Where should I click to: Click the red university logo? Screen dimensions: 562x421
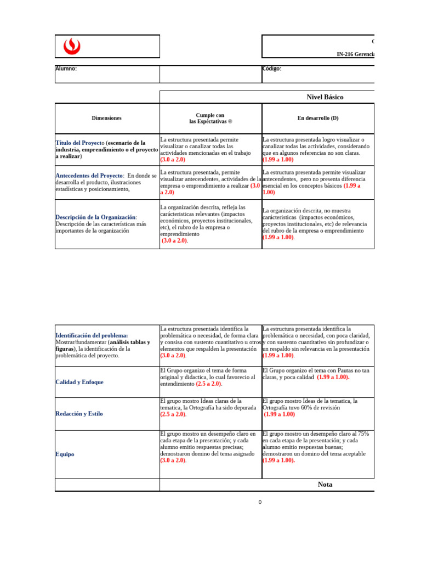click(72, 47)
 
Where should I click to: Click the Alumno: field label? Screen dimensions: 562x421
click(66, 69)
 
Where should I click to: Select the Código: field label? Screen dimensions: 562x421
click(272, 69)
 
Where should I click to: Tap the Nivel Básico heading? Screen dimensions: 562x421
click(325, 97)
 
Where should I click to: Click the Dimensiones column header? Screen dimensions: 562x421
click(107, 118)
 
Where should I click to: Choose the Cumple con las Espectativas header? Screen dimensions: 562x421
click(210, 118)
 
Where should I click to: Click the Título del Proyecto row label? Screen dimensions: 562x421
click(79, 143)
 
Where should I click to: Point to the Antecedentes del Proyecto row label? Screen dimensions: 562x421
click(89, 176)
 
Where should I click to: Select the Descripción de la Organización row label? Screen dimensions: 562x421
click(96, 217)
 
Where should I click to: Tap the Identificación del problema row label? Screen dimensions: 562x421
click(92, 335)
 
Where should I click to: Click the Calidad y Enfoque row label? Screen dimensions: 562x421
click(79, 382)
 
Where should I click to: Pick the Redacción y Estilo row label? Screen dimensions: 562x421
click(79, 414)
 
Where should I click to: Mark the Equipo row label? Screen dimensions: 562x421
click(65, 454)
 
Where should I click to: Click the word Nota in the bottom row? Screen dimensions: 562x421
click(325, 485)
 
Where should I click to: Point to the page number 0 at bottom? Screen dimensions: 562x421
click(260, 502)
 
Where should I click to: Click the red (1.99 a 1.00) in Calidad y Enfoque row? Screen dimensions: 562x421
click(333, 377)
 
